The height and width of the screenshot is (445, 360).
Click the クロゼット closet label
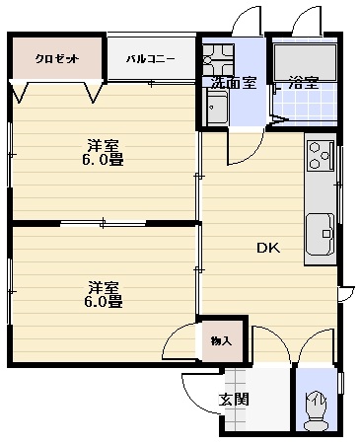click(57, 59)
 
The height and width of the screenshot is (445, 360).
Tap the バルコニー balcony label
click(151, 59)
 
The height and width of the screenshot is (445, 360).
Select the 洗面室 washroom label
click(233, 83)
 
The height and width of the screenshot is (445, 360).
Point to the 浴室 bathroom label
click(303, 83)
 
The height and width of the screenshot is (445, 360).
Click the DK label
click(268, 248)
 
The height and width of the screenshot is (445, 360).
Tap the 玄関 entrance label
click(234, 400)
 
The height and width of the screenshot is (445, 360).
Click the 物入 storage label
click(221, 341)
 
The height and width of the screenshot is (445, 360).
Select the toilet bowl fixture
click(317, 416)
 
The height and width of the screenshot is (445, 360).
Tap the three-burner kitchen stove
click(321, 156)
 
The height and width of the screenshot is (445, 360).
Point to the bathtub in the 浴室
click(306, 63)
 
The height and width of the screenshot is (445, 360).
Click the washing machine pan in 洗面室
click(218, 59)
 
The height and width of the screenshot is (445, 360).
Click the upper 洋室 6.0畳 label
click(103, 153)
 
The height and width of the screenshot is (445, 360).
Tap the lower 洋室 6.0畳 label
click(104, 295)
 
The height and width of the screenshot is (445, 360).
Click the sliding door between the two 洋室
click(104, 223)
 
